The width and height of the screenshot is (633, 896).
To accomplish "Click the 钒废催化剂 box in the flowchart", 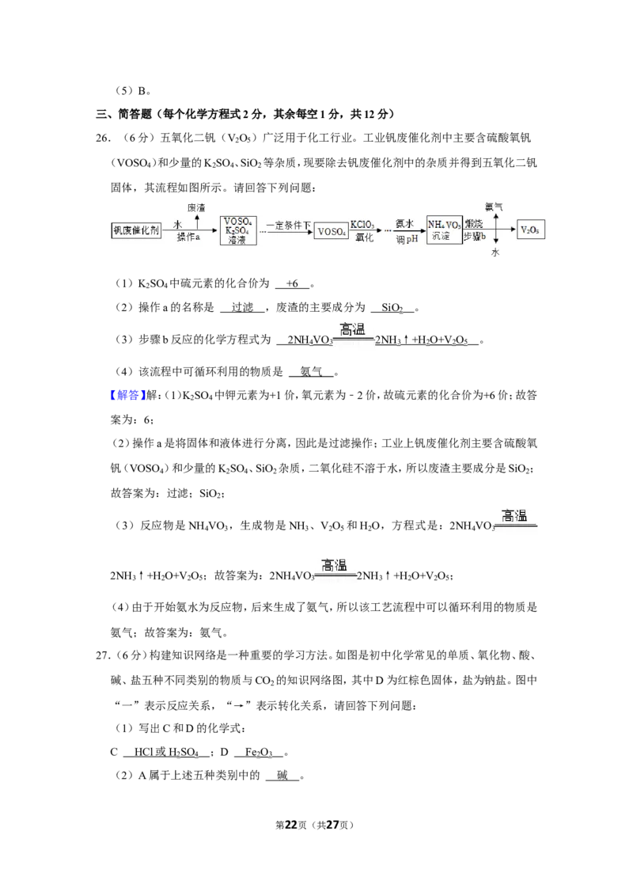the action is point(136,230).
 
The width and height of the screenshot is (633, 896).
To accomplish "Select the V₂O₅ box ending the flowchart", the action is point(530,230).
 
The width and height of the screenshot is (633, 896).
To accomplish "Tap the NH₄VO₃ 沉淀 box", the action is point(444,230).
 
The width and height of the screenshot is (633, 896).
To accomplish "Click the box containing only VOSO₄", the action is point(331,231).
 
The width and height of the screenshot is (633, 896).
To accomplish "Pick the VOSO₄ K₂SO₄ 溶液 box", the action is point(238,230).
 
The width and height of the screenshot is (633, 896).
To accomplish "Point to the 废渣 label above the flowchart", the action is point(196,207).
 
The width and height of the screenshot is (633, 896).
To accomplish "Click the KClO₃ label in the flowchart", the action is point(362,225).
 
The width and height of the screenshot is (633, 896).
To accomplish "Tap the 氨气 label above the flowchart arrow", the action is point(494,207).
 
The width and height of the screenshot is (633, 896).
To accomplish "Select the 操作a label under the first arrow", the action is point(188,237).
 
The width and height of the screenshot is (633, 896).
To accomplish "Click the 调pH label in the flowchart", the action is point(407,239).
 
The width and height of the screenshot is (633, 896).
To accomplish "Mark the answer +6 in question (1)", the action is point(292,283).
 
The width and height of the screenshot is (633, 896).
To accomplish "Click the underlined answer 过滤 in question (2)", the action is point(242,307).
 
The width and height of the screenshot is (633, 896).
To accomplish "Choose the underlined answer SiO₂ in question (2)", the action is point(392,308).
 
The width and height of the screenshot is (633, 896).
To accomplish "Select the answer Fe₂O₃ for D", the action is point(259,753).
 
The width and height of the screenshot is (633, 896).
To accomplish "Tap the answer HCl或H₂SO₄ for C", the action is point(166,753).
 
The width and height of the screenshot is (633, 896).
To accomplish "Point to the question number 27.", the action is point(102,655).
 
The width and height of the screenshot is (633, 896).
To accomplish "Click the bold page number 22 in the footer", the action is point(291,825).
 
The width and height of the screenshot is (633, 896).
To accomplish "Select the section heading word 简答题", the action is point(135,114).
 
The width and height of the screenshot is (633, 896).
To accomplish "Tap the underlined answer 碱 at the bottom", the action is point(282,776).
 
